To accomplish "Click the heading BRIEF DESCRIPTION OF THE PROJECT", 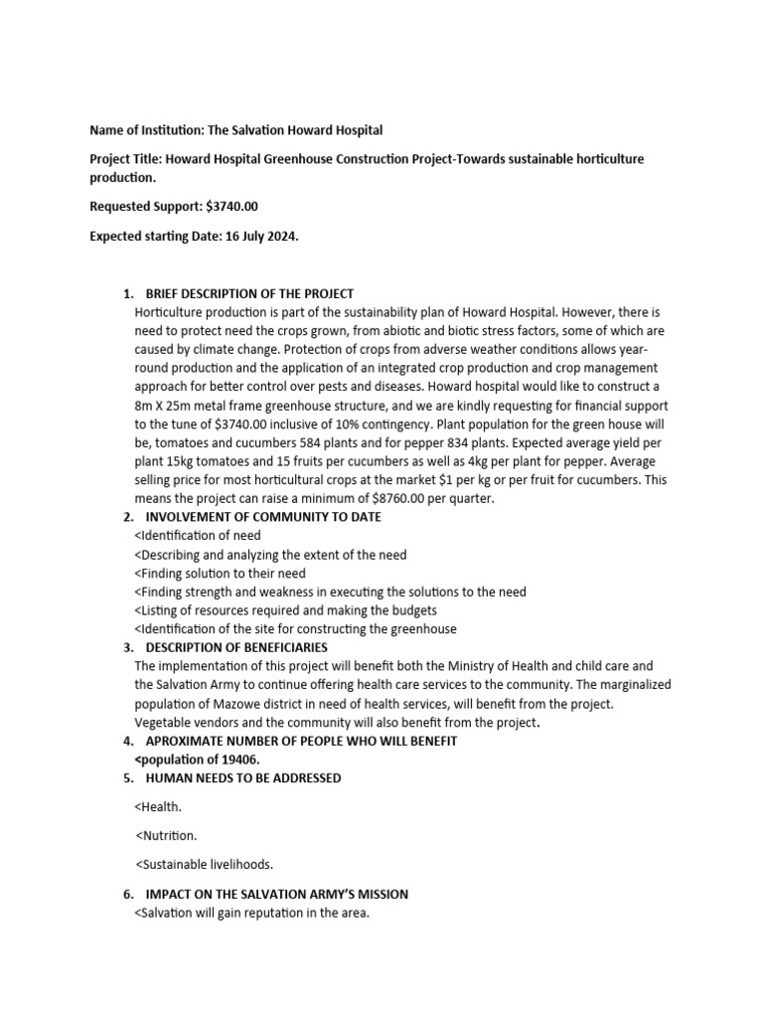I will point(249,294).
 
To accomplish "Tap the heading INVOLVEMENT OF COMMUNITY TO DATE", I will point(263,517).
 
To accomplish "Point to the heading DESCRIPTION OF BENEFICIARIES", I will point(243,647).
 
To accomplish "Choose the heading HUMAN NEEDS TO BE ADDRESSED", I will point(243,777).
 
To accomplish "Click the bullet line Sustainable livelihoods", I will point(204,864).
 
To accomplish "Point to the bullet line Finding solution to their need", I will point(220,574).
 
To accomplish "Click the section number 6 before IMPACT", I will point(127,895).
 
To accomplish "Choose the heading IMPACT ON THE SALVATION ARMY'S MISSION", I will point(276,895).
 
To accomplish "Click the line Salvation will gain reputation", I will point(250,913).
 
